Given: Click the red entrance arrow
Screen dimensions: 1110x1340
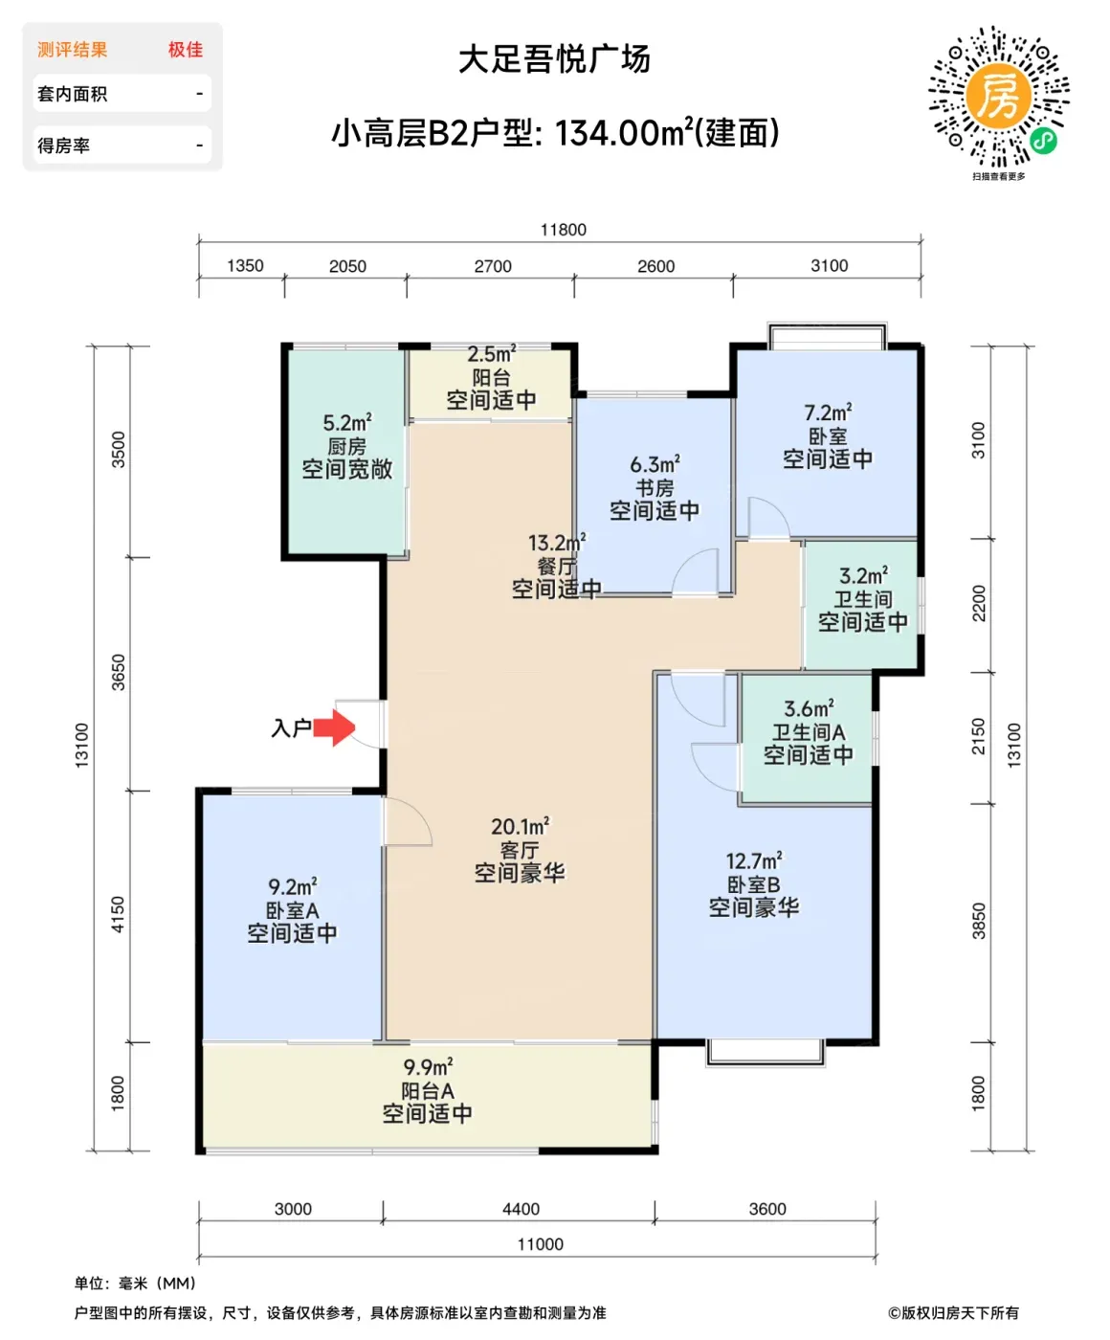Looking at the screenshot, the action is click(x=334, y=727).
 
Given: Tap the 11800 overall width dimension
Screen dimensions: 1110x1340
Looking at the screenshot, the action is click(x=563, y=230).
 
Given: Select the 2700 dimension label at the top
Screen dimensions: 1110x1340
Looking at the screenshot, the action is click(x=492, y=266).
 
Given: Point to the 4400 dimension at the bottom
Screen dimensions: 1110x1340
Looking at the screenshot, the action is click(x=521, y=1209).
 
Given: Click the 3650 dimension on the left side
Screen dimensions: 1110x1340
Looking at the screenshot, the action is click(x=119, y=673).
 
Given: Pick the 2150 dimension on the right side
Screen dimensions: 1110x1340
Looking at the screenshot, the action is click(x=978, y=736).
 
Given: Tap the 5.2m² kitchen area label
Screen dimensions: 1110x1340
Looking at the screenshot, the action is click(x=347, y=423).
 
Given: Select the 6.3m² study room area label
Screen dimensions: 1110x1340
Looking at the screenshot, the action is click(x=655, y=464).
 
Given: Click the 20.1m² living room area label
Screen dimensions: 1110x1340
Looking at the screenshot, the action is click(x=520, y=826).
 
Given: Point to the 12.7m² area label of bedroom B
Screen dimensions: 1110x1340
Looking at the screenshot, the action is click(x=754, y=860).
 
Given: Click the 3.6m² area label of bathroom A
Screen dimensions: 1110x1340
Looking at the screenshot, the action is click(x=809, y=708).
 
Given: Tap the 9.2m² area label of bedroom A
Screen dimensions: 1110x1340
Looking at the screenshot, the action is click(x=293, y=887).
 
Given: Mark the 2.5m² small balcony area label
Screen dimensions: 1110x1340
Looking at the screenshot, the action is click(x=492, y=353).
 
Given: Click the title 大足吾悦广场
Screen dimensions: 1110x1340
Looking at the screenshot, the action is click(x=554, y=59).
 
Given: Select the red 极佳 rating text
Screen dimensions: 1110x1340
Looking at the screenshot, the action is click(x=186, y=50).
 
